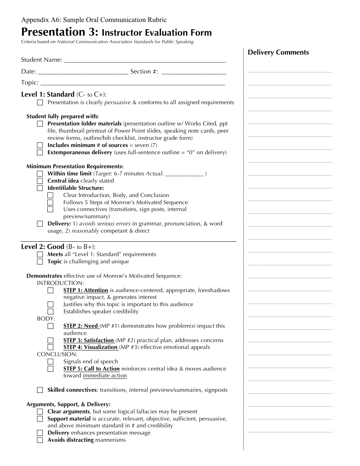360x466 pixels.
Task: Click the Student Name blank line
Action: click(x=145, y=61)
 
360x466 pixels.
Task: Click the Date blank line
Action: click(x=83, y=72)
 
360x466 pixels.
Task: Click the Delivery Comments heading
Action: click(x=278, y=53)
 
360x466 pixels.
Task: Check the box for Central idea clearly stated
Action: click(x=40, y=181)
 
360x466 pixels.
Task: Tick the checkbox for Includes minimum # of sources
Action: click(x=40, y=145)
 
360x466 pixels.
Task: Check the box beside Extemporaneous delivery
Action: click(x=40, y=153)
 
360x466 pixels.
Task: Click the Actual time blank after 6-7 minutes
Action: click(x=185, y=175)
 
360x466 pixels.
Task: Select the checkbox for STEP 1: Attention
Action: click(x=50, y=291)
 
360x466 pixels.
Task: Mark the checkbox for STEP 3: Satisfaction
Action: click(x=50, y=341)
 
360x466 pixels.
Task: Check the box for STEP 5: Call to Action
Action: click(x=50, y=369)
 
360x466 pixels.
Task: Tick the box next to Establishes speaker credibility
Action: click(x=50, y=312)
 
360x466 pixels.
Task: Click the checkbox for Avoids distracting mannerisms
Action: click(x=40, y=440)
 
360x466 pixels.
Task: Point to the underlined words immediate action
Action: click(x=105, y=376)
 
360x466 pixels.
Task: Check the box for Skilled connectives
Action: click(x=40, y=390)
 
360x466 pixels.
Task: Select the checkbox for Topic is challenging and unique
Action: click(x=40, y=262)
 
